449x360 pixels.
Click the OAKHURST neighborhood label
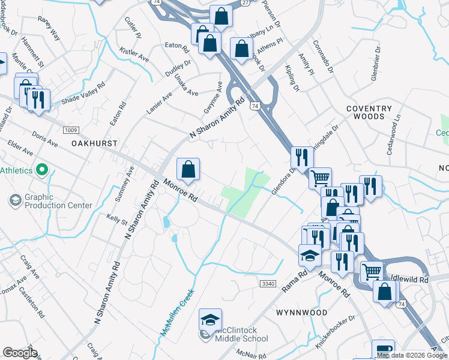[x=94, y=144]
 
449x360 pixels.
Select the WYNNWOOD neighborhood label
[x=301, y=313]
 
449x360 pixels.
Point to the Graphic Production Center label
[x=58, y=200]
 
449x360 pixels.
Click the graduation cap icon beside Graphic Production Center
[x=15, y=200]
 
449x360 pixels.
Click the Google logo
[x=20, y=353]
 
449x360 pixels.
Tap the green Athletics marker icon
[x=42, y=170]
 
